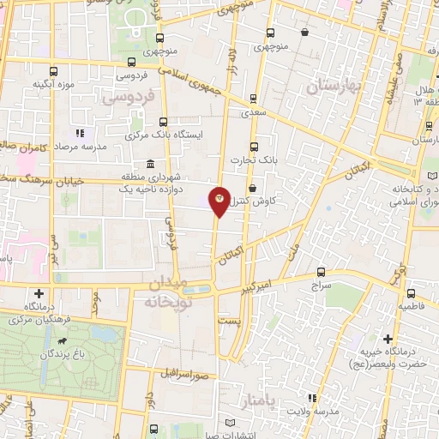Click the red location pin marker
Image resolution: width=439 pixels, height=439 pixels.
point(219,201)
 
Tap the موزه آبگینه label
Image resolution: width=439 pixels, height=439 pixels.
point(52,84)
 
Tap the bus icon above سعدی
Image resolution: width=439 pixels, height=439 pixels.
point(251,99)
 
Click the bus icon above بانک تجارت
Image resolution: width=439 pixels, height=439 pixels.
point(252,147)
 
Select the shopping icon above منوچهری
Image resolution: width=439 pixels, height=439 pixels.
point(305,33)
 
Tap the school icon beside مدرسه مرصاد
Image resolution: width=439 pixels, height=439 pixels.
point(80,133)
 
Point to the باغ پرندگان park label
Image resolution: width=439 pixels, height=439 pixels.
point(63,352)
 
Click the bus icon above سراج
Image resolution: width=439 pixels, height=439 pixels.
point(321,271)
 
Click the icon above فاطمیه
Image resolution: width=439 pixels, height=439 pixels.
point(408,292)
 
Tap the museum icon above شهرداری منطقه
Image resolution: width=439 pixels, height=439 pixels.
point(150,164)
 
